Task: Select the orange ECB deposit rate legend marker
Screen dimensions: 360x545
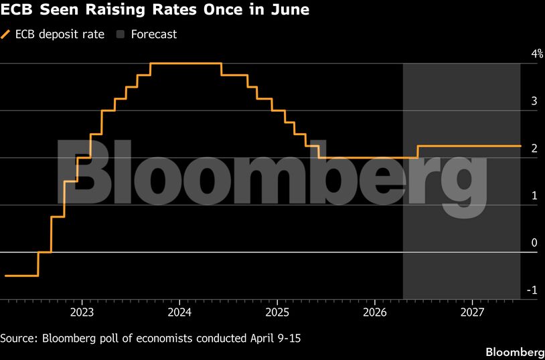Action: click(7, 34)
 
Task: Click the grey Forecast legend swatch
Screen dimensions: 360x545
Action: click(121, 34)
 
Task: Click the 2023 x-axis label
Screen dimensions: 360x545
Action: click(82, 313)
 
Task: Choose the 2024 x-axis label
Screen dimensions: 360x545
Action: click(179, 313)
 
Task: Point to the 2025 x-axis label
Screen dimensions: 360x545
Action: click(277, 313)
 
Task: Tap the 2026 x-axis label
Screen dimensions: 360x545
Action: click(375, 313)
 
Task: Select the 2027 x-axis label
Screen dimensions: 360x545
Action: click(473, 313)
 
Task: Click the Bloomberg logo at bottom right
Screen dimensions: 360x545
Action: click(514, 352)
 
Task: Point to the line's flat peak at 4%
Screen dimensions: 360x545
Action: click(185, 63)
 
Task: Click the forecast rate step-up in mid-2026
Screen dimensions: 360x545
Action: click(417, 152)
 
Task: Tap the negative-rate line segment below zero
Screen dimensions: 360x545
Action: click(21, 276)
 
